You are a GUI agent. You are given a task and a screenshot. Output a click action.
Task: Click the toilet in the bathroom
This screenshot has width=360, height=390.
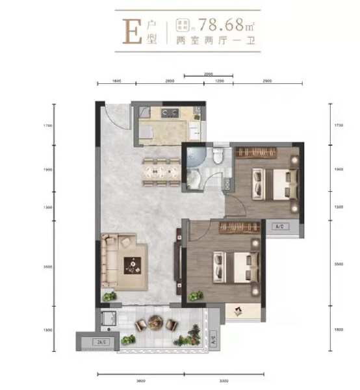click(x=219, y=157)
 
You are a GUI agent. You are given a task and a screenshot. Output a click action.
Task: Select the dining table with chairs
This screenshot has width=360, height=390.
click(x=159, y=170)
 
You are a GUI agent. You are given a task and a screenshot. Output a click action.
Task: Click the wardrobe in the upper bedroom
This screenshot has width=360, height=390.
click(x=257, y=152)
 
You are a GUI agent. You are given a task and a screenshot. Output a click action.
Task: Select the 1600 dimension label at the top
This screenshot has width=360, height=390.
click(x=116, y=81)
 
